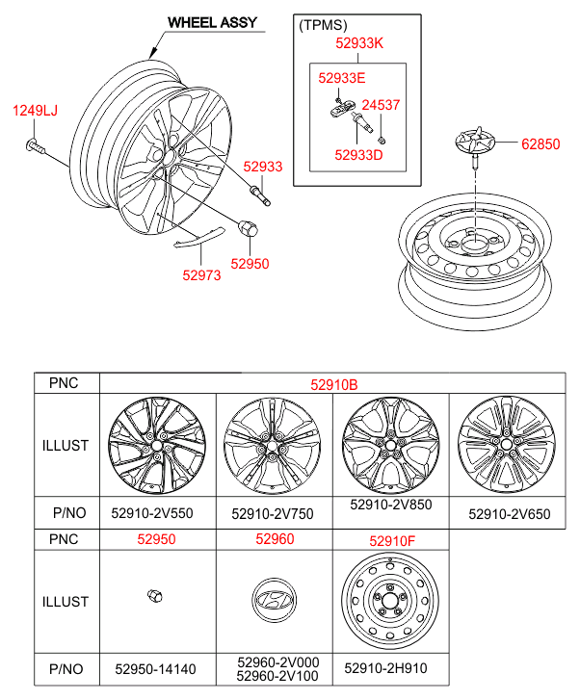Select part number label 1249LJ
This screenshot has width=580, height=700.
point(35,111)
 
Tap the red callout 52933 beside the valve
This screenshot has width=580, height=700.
point(262,167)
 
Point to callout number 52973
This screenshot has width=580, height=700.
point(202,275)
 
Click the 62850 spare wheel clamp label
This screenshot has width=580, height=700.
point(540,145)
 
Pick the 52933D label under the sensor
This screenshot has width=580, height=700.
point(358,153)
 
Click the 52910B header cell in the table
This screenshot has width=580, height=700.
point(333,383)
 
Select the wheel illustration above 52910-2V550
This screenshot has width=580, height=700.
point(153,446)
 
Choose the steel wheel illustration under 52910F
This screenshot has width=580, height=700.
point(389,602)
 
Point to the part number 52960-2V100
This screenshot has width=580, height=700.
point(278,676)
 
